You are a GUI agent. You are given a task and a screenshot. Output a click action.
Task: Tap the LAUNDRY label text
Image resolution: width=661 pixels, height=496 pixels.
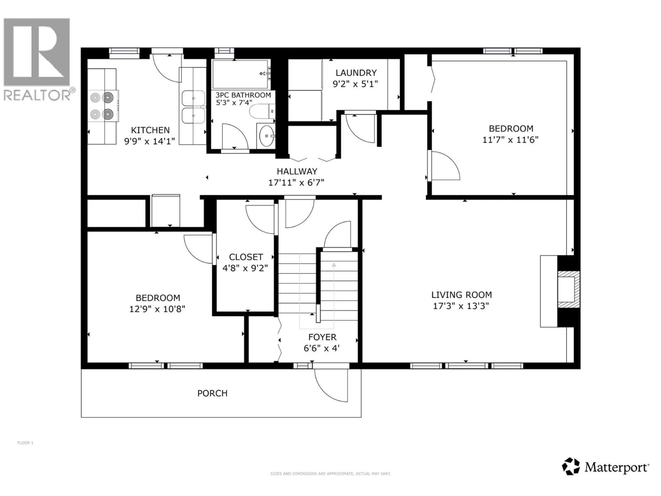pos(356,73)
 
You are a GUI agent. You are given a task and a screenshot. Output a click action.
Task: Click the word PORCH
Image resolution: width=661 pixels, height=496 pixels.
pos(212,393)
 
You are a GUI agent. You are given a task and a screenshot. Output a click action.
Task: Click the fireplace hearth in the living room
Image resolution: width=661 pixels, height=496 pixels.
pos(548,291)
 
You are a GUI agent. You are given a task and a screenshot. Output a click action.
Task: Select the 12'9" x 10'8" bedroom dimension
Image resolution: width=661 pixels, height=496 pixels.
pos(157,309)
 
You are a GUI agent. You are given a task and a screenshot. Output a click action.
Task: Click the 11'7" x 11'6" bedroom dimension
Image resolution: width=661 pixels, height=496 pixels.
pos(510,140)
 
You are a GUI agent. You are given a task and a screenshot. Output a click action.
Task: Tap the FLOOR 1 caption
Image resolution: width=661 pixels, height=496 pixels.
pos(25,443)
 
